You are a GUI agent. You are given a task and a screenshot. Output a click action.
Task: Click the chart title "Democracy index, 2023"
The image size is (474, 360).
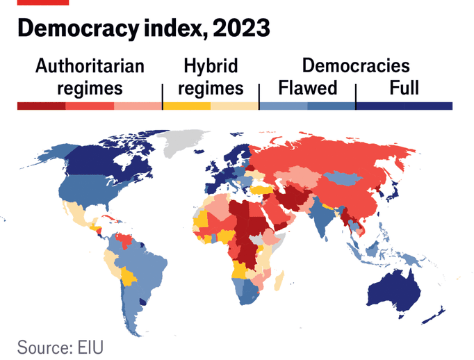point(142,29)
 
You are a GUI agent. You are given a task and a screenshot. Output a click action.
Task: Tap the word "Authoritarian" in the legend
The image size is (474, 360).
point(90,67)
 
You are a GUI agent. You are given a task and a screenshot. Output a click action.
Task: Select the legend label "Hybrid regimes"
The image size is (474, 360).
point(210,77)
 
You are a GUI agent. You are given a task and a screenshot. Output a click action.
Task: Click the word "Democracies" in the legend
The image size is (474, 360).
point(356,67)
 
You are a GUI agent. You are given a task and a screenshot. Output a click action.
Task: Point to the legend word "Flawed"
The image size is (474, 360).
point(307,88)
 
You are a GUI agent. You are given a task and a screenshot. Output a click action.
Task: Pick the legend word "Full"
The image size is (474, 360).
point(404,88)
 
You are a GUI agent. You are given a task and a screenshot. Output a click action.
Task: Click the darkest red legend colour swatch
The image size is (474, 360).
point(41,106)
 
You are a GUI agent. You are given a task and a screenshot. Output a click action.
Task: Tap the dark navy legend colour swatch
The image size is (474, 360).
point(403,106)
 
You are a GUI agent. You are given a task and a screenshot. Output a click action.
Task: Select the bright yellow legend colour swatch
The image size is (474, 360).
point(186,106)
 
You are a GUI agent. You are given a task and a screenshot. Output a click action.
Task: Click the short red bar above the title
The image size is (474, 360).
point(43,3)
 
